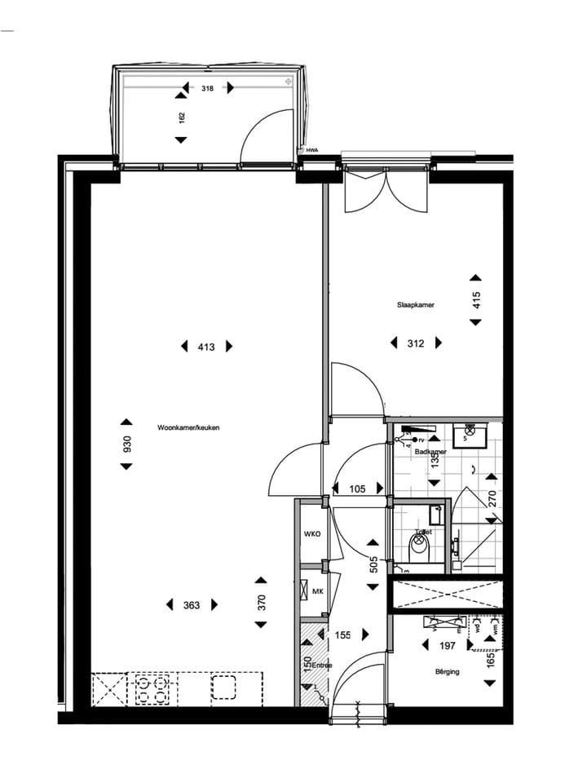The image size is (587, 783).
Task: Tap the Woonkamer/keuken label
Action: click(189, 427)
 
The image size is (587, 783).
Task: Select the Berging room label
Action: click(447, 672)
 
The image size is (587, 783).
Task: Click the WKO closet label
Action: click(311, 534)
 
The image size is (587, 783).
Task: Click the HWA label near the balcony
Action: click(311, 150)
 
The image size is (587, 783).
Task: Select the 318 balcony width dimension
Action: click(207, 88)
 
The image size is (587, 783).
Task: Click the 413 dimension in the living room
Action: click(205, 347)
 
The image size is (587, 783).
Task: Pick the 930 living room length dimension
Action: click(126, 444)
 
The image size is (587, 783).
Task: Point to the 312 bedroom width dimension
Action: click(416, 343)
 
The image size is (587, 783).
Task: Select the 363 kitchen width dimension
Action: click(192, 605)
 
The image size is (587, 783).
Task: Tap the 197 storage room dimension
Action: click(448, 645)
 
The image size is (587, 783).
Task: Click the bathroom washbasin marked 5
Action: click(470, 437)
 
